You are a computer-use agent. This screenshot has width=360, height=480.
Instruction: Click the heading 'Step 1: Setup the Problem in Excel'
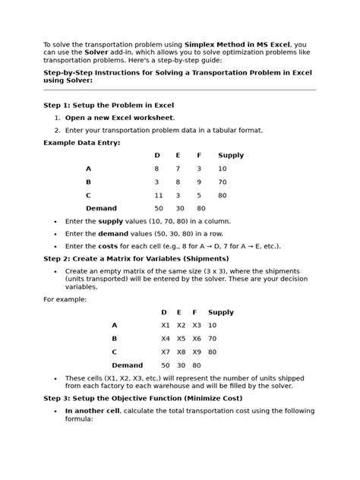click(109, 105)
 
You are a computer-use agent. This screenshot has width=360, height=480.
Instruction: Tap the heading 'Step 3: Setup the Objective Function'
click(143, 398)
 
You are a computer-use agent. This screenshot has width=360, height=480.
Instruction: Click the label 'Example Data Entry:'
click(81, 143)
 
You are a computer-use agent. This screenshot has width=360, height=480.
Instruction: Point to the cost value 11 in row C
click(158, 195)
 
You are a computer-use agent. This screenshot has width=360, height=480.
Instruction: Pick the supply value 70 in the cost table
click(223, 182)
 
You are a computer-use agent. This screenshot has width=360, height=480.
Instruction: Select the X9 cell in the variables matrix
click(197, 352)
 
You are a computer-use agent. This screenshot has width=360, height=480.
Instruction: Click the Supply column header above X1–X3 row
click(221, 312)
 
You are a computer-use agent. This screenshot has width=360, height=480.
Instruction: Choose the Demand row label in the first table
click(101, 208)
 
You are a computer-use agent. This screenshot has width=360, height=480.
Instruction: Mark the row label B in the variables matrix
click(115, 339)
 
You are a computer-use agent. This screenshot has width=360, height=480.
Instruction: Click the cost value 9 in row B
click(199, 182)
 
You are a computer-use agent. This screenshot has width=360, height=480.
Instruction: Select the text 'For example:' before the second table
click(65, 299)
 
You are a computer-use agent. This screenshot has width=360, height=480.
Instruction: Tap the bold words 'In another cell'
click(92, 411)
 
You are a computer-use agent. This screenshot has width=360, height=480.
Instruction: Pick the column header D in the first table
click(157, 156)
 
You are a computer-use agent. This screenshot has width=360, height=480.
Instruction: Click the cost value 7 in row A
click(178, 169)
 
